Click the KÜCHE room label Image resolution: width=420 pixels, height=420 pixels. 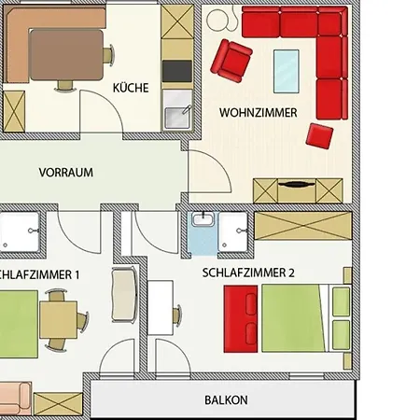pyautogui.click(x=131, y=88)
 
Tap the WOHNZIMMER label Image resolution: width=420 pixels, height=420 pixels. pyautogui.click(x=259, y=113)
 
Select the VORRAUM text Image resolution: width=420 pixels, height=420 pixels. pyautogui.click(x=66, y=173)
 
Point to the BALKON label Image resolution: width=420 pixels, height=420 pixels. pyautogui.click(x=226, y=400)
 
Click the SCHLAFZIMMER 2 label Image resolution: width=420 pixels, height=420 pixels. pyautogui.click(x=248, y=273)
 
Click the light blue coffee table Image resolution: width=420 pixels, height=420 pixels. pyautogui.click(x=287, y=71)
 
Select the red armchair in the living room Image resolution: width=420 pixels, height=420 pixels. pyautogui.click(x=231, y=61)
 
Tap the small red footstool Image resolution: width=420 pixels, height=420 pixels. pyautogui.click(x=319, y=136)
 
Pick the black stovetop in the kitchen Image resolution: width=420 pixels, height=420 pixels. pyautogui.click(x=177, y=71)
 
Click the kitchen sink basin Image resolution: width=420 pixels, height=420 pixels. pyautogui.click(x=177, y=118)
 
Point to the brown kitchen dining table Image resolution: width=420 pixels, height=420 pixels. pyautogui.click(x=66, y=55)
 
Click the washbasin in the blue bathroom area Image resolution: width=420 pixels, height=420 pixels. pyautogui.click(x=203, y=219)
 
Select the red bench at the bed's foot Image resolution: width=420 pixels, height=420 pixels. pyautogui.click(x=241, y=319)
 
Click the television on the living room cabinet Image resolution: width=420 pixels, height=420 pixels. pyautogui.click(x=297, y=184)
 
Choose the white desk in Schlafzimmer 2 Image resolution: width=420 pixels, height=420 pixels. pyautogui.click(x=161, y=308)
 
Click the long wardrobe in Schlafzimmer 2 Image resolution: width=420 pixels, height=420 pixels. pyautogui.click(x=303, y=226)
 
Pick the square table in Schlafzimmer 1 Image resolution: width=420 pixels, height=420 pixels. pyautogui.click(x=58, y=320)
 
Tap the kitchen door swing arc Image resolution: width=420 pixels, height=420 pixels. pyautogui.click(x=110, y=101)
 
